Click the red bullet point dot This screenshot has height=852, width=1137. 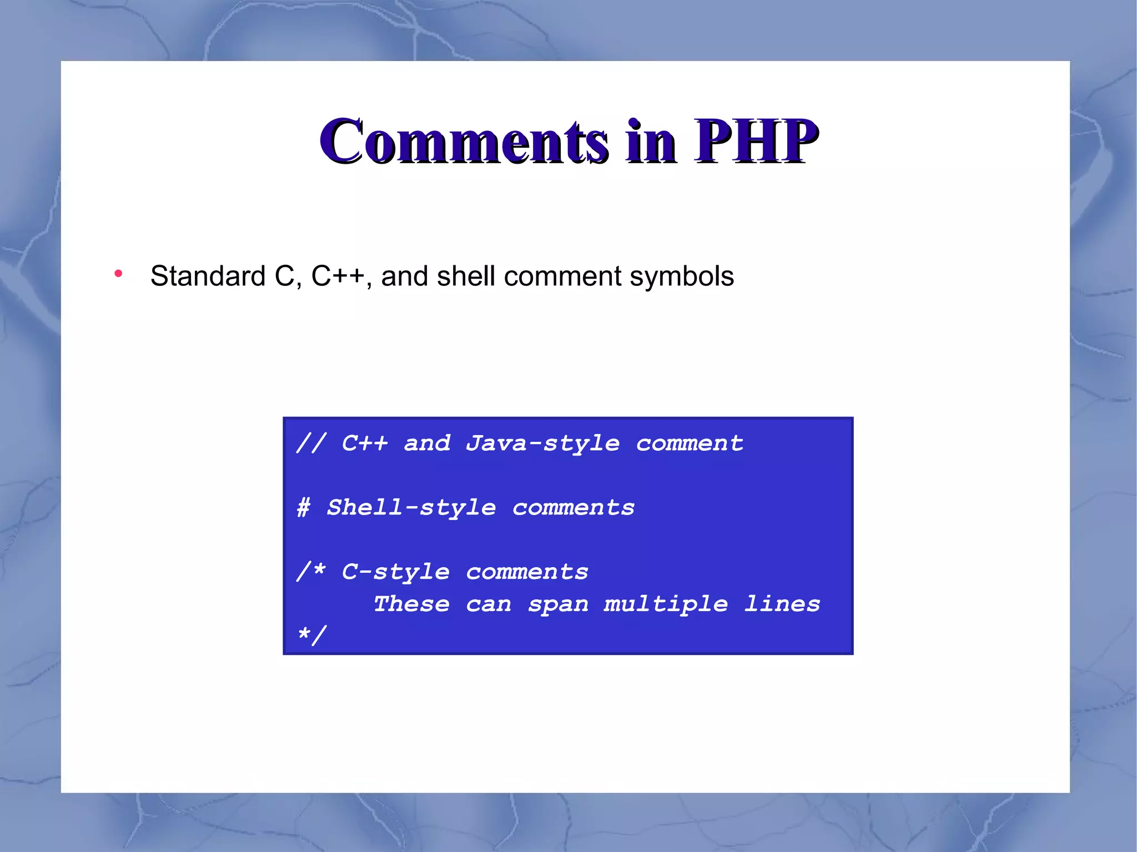118,273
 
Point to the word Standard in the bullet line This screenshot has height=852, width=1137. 208,276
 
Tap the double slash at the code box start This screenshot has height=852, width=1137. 311,443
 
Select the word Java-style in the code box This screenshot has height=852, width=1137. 542,443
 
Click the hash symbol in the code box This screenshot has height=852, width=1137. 303,507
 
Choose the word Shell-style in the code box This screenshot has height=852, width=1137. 411,507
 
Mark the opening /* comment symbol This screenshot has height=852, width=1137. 311,571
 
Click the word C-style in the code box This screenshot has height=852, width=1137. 395,572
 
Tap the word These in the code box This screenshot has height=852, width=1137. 411,603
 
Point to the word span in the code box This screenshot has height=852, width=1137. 558,604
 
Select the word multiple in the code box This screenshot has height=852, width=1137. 665,604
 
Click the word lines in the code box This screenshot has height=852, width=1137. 782,603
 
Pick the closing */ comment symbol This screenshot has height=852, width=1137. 311,635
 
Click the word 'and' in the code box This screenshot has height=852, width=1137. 427,443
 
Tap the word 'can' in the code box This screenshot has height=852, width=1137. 488,604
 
